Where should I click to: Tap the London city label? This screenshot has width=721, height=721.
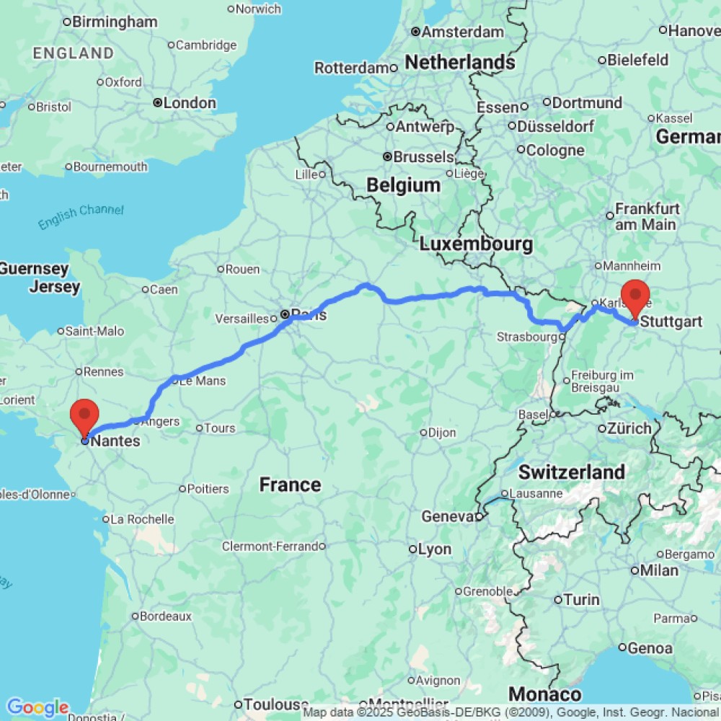click(x=189, y=103)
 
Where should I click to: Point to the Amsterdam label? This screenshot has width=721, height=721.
click(x=462, y=32)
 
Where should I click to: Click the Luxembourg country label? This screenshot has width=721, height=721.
click(x=476, y=244)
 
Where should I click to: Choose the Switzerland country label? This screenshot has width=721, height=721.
click(x=572, y=472)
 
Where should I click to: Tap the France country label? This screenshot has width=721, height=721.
click(x=290, y=485)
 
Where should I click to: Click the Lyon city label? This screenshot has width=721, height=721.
click(x=435, y=549)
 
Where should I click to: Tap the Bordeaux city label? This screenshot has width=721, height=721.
click(x=166, y=616)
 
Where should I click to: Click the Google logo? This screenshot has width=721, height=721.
click(x=37, y=707)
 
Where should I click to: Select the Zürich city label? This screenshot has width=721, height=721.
click(x=629, y=428)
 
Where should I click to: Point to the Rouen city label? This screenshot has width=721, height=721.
click(x=243, y=270)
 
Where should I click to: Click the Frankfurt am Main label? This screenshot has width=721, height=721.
click(x=646, y=216)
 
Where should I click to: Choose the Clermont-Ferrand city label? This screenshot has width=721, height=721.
click(x=270, y=547)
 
